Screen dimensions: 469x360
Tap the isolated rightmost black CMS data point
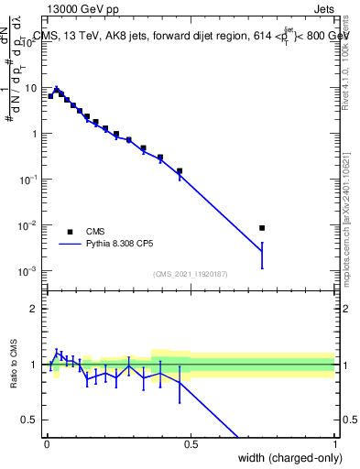(x=262, y=228)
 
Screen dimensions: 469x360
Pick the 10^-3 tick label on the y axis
(x=29, y=271)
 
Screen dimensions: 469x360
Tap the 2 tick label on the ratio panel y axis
(x=35, y=309)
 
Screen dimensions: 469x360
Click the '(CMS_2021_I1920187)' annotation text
(x=190, y=274)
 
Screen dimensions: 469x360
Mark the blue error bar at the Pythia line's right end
(x=262, y=255)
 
